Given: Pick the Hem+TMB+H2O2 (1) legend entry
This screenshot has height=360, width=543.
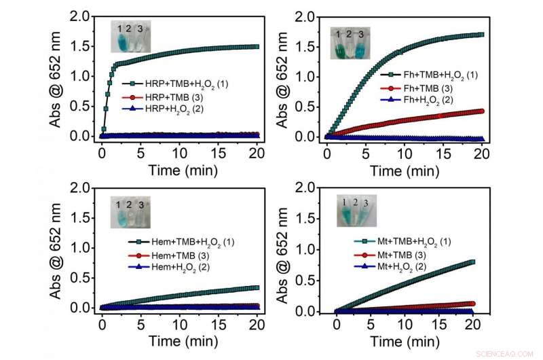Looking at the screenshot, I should [x=181, y=242].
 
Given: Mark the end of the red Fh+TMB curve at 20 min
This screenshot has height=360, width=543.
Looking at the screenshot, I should [x=481, y=111].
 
